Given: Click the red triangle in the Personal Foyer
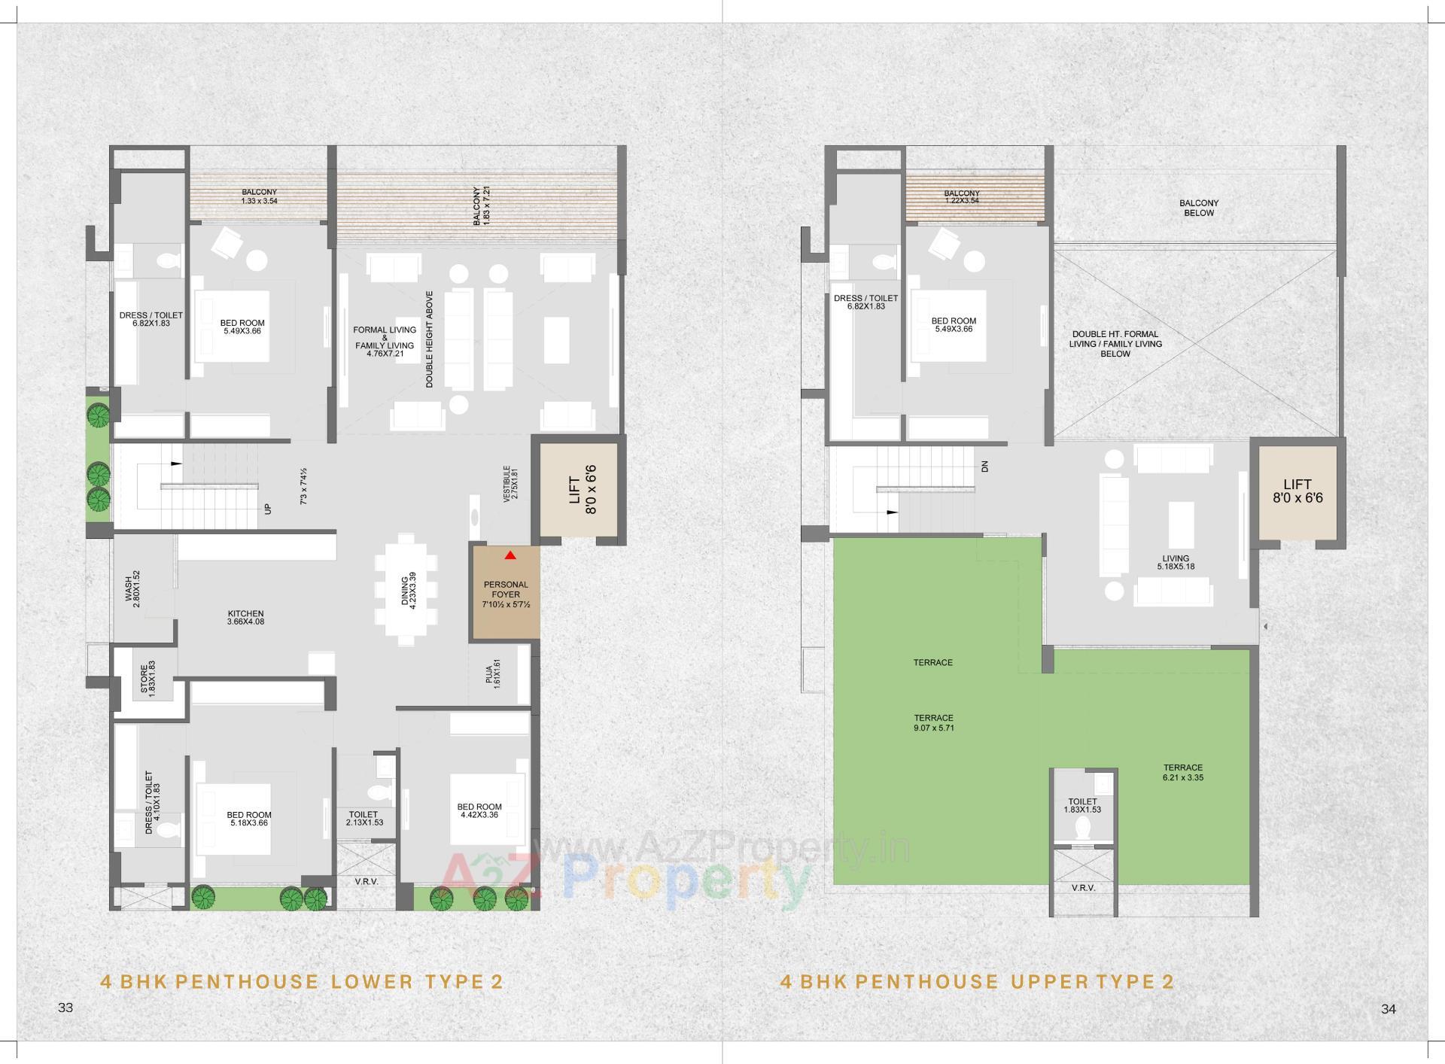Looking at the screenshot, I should (510, 555).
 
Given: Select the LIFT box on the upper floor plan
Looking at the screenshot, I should (1297, 491).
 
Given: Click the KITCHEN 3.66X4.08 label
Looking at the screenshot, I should (245, 618).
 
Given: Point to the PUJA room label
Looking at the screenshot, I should (493, 674).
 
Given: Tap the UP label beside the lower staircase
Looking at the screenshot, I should (268, 509).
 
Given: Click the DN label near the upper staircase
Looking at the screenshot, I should (985, 467).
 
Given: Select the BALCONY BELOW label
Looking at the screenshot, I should (1199, 208).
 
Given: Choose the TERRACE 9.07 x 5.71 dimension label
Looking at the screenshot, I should (933, 723).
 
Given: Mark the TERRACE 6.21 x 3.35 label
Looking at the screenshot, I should (1182, 773).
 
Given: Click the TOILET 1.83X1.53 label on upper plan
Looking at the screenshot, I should (1082, 806).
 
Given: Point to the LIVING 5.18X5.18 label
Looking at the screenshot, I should (1176, 562).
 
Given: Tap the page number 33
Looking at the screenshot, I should (65, 1008).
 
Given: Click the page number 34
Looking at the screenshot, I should (1389, 1009).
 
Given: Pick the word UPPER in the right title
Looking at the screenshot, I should (1047, 981).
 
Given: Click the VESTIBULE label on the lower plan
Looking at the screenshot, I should (511, 483).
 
